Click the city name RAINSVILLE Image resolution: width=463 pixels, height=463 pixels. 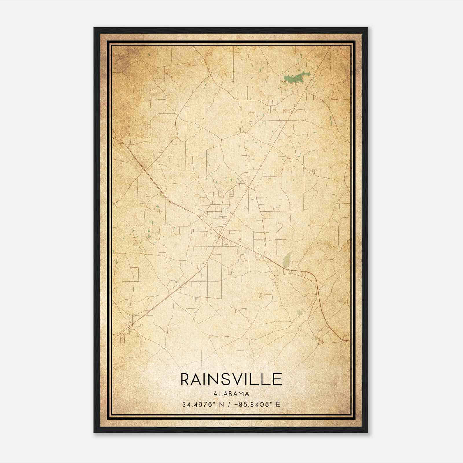(x=231, y=379)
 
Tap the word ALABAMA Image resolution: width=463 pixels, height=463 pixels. (x=231, y=394)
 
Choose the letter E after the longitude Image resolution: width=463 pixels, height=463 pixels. (x=278, y=404)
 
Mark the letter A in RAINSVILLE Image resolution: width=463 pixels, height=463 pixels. (x=198, y=379)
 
